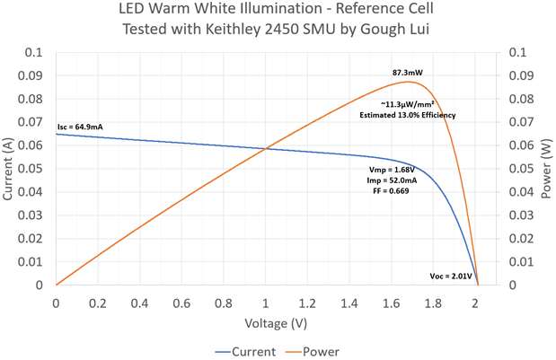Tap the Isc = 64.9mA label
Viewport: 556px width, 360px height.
tap(80, 127)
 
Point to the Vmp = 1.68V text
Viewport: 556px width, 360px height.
tap(391, 169)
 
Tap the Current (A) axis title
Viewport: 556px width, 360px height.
tap(10, 169)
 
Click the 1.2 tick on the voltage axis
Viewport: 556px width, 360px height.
tap(307, 303)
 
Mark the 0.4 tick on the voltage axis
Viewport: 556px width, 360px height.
tap(139, 303)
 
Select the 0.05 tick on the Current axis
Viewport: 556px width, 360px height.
tap(35, 169)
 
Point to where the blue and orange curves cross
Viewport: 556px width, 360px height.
tap(267, 148)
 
